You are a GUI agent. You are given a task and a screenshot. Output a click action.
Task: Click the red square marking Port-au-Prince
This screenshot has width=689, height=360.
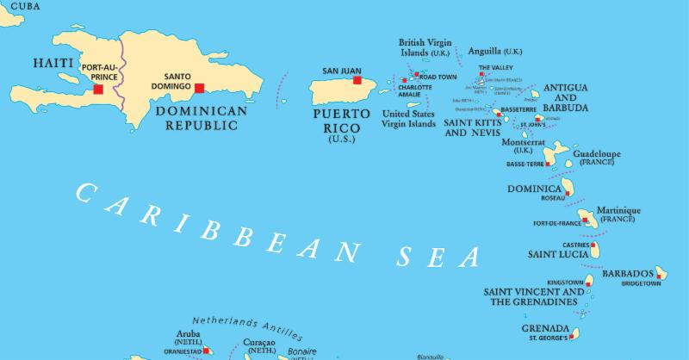click(98, 89)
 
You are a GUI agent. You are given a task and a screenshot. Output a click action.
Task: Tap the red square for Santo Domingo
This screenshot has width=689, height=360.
click(200, 88)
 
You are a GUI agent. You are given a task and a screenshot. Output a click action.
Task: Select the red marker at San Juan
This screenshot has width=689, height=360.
click(357, 81)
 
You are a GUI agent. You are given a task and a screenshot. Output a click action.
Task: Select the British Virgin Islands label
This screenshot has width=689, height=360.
click(426, 47)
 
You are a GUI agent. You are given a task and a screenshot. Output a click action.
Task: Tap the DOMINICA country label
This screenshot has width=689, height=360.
click(535, 188)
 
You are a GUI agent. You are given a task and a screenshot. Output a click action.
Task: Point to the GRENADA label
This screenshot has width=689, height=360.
click(545, 328)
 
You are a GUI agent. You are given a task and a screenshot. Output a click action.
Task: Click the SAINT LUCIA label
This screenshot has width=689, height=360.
click(558, 255)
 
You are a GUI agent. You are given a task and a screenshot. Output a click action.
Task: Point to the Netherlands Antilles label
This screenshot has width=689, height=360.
click(247, 326)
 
